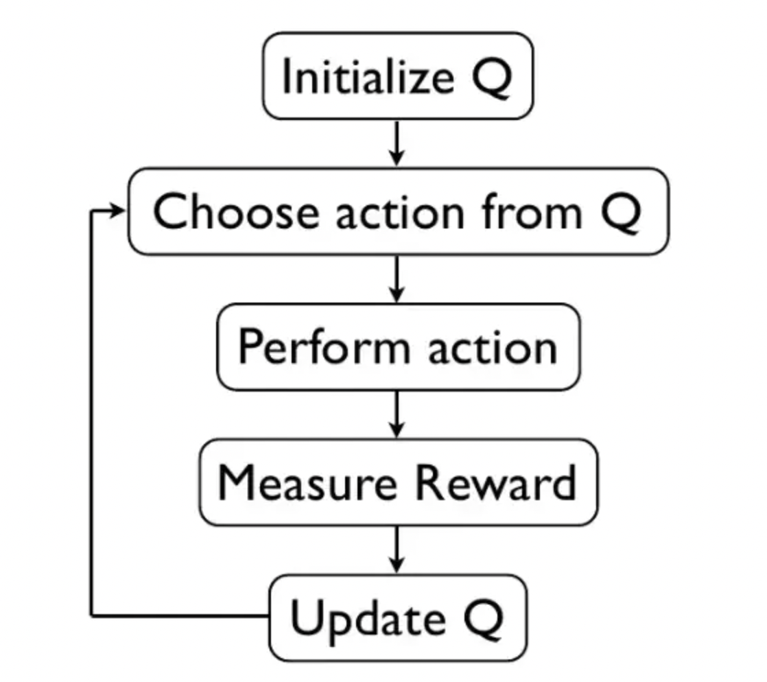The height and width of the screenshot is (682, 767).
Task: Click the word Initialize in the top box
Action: [x=367, y=76]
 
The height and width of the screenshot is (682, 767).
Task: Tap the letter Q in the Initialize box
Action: [x=491, y=77]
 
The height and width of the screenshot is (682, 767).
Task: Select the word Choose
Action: [x=235, y=211]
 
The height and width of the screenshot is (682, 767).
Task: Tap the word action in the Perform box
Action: [x=493, y=346]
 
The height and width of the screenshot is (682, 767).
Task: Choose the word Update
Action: [x=368, y=618]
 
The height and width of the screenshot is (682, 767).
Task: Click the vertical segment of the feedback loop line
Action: [x=92, y=412]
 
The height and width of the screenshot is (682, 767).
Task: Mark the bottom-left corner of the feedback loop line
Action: [x=92, y=615]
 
